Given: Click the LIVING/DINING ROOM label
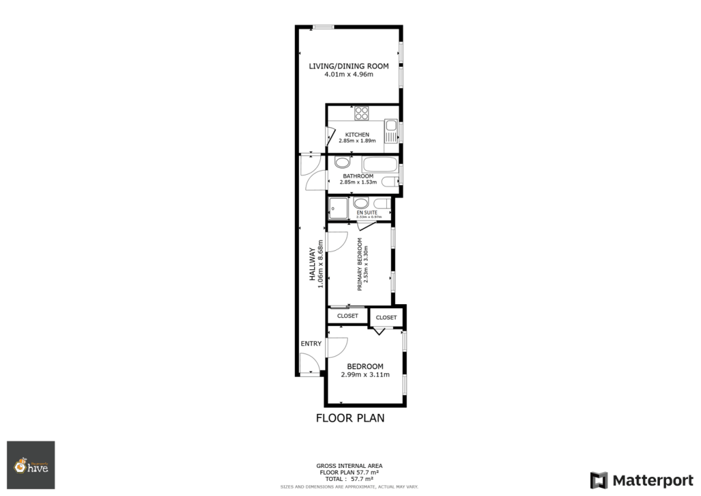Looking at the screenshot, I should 348,66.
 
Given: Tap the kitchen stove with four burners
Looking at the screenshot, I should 362,113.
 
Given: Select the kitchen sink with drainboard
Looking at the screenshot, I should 391,132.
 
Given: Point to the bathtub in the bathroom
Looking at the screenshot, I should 379,164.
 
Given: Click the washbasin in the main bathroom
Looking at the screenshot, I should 342,163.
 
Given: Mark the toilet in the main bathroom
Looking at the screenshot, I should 389,182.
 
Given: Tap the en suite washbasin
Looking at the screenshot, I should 361,203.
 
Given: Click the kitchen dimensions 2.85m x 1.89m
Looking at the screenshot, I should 357,140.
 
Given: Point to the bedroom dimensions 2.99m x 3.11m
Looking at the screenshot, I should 365,375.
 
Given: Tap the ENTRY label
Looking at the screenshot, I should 310,343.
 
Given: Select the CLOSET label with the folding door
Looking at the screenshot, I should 386,317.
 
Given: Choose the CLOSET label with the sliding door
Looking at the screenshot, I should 348,316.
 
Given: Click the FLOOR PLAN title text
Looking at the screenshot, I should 350,418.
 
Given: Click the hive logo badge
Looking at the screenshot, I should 31,465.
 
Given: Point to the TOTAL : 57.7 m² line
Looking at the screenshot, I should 350,479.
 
